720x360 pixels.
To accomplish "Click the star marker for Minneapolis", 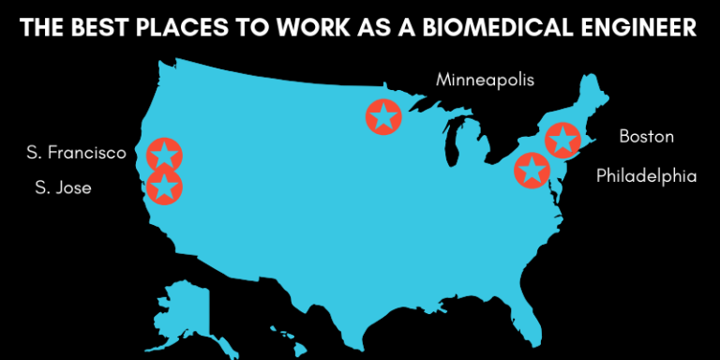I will tap(382, 117).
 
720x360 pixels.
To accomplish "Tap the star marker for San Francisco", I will tap(164, 155).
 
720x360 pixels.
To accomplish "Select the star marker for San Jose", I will tap(164, 187).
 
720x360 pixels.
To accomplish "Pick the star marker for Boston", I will tap(562, 140).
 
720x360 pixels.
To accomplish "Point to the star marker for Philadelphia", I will tap(532, 171).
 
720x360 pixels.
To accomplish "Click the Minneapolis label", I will tap(485, 80).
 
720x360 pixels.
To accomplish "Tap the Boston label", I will tap(646, 137).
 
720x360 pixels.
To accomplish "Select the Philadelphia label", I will tap(647, 175).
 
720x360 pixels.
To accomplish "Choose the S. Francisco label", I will tap(77, 152).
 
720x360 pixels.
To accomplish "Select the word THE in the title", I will tap(41, 29).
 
